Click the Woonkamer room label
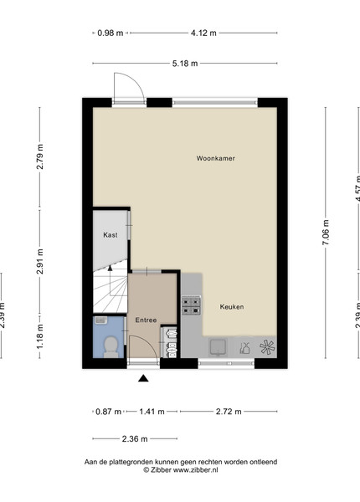tap(215, 158)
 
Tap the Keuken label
tap(232, 307)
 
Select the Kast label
tap(111, 234)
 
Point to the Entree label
tap(146, 320)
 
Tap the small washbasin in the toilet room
tap(100, 320)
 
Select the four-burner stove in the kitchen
tap(191, 305)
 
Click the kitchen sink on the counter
tap(219, 347)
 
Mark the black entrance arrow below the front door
tap(143, 378)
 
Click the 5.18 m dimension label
tap(185, 64)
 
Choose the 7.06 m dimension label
tap(326, 233)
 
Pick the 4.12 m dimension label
tap(203, 33)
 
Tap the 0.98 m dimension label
tap(111, 33)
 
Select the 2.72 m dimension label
tap(229, 412)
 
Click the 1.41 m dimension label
tap(152, 412)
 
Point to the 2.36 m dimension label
tap(135, 438)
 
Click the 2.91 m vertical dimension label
tap(39, 261)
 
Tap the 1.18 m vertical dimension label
tap(39, 336)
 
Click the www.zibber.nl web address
tap(195, 470)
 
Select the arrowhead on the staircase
tap(111, 268)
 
